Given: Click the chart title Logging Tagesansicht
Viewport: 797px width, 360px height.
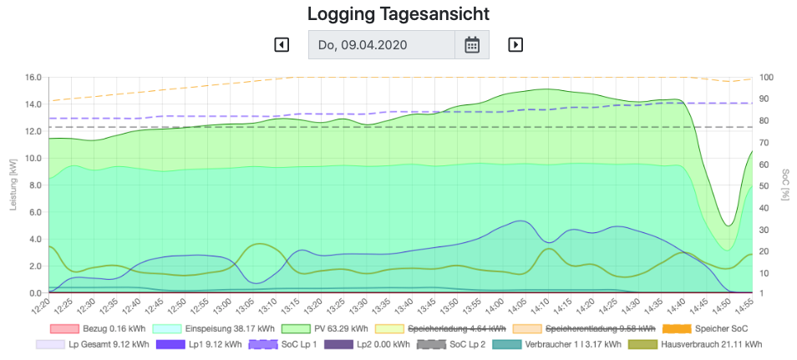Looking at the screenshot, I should [398, 13].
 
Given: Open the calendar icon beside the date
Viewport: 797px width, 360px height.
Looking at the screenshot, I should [472, 44].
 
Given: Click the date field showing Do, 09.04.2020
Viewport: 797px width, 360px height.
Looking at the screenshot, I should [382, 44].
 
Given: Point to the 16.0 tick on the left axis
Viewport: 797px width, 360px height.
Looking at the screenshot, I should [33, 78].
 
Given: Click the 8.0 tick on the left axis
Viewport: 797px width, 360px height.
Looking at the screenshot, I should [34, 185].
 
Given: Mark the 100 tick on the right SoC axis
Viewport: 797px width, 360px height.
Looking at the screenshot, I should [766, 78].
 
